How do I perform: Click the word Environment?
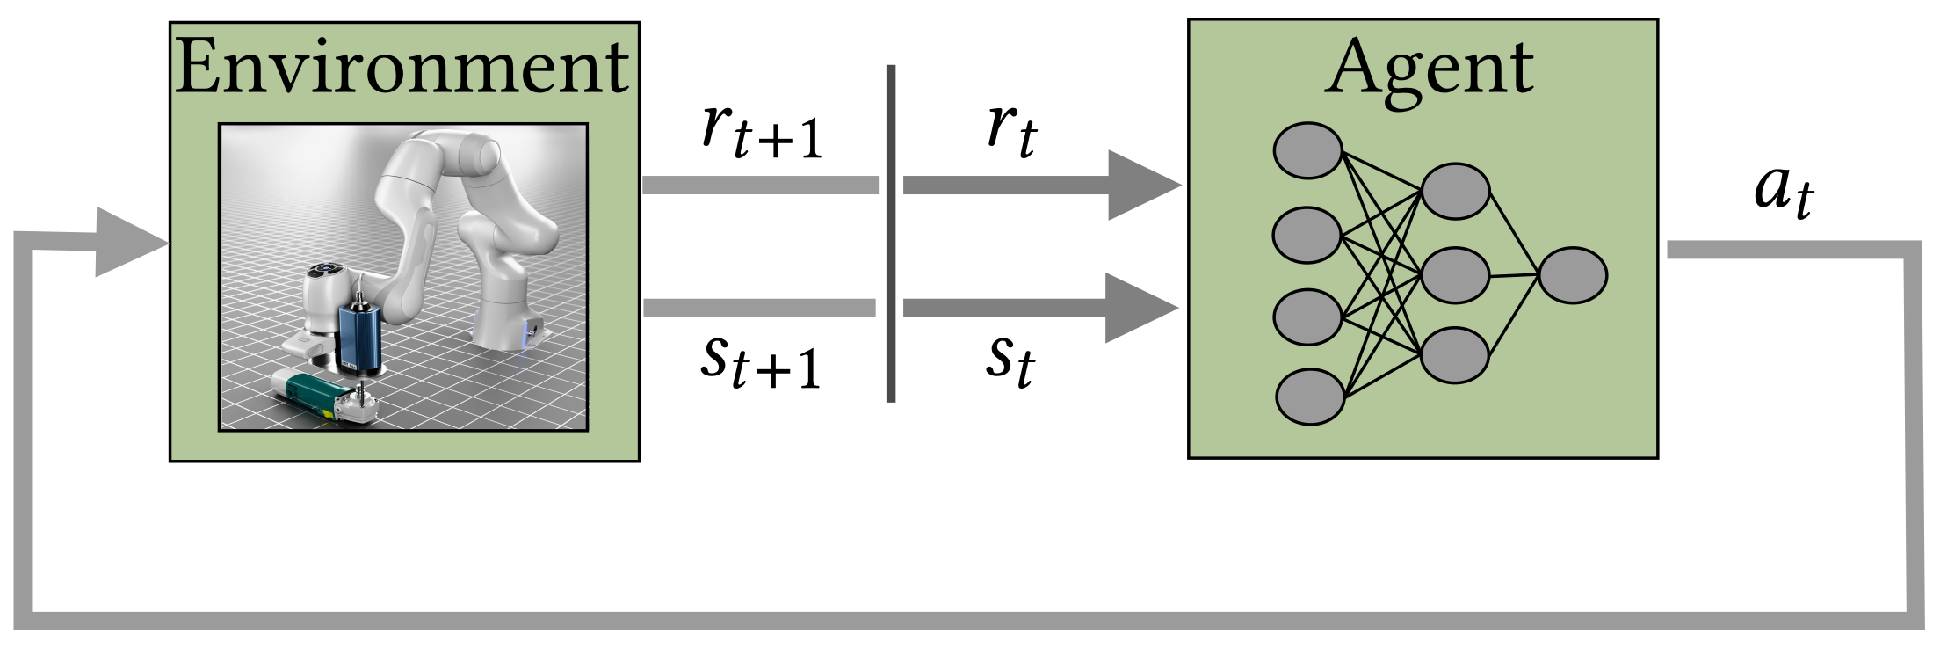pyautogui.click(x=402, y=69)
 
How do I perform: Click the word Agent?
pyautogui.click(x=1429, y=69)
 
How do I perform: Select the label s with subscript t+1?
pyautogui.click(x=759, y=361)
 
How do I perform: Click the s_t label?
pyautogui.click(x=1010, y=359)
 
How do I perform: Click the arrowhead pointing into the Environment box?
pyautogui.click(x=127, y=242)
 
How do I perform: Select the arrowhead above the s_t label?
pyautogui.click(x=1138, y=308)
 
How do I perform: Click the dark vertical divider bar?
pyautogui.click(x=891, y=233)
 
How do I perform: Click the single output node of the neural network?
pyautogui.click(x=1573, y=275)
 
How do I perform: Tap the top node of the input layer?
pyautogui.click(x=1307, y=150)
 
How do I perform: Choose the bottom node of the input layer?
pyautogui.click(x=1309, y=397)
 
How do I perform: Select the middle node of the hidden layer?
pyautogui.click(x=1454, y=275)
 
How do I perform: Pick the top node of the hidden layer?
pyautogui.click(x=1454, y=191)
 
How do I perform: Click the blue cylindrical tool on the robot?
pyautogui.click(x=358, y=331)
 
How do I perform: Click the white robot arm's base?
pyautogui.click(x=508, y=330)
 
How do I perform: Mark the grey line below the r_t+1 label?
pyautogui.click(x=760, y=185)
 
